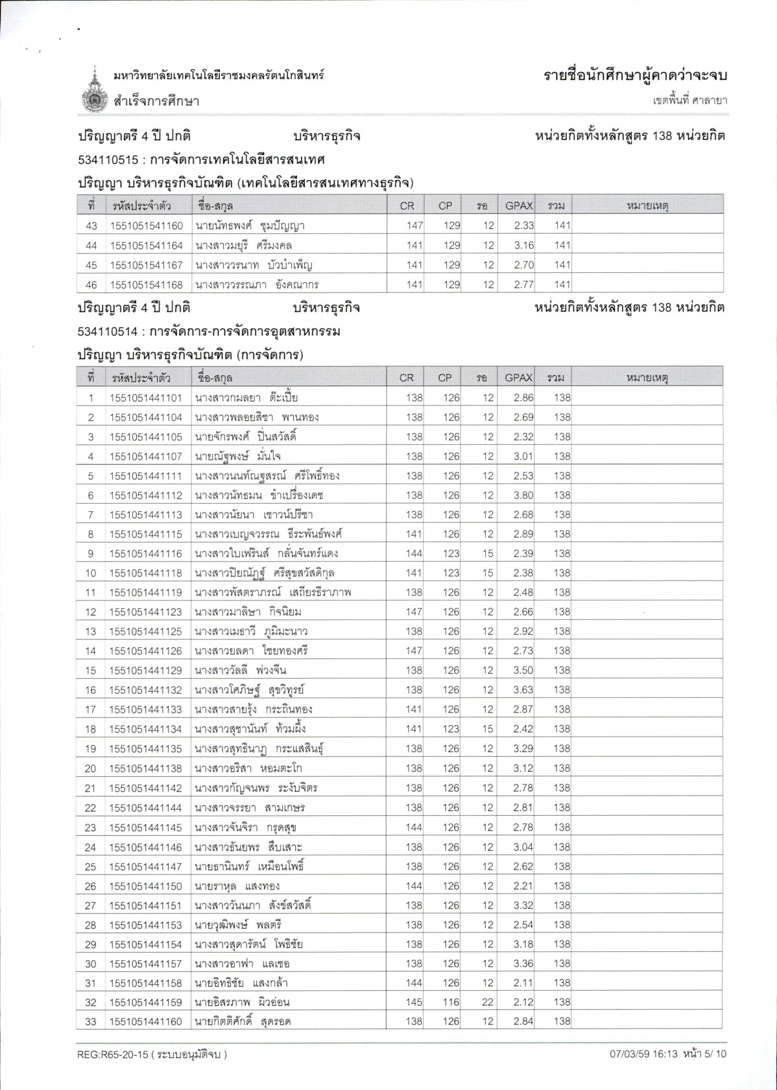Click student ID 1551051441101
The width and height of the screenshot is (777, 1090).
(x=146, y=397)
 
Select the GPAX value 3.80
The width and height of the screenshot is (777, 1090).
(x=523, y=495)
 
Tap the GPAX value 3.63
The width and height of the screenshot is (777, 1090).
(x=523, y=690)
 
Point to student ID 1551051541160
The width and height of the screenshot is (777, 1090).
(x=147, y=226)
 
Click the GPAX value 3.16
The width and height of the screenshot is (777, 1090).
(x=523, y=245)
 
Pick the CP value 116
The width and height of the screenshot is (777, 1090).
(x=451, y=1002)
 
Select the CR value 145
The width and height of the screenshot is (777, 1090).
(x=414, y=1002)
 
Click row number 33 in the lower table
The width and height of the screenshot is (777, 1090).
(x=91, y=1021)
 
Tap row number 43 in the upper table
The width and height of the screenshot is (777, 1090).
(x=91, y=226)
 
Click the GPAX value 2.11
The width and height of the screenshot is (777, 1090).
(x=523, y=982)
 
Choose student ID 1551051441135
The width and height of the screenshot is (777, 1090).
(x=146, y=748)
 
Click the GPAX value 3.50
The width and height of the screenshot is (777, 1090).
(x=523, y=670)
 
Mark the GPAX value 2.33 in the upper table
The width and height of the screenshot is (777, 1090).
(x=523, y=226)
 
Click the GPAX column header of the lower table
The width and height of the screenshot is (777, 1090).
(x=518, y=377)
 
